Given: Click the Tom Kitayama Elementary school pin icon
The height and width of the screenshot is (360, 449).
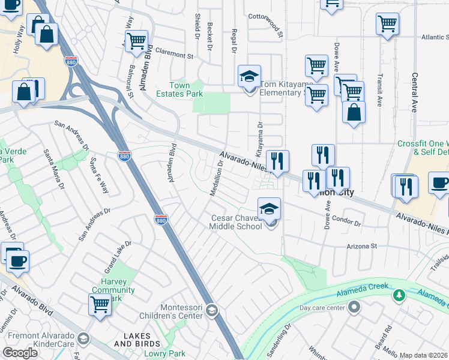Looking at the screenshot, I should pyautogui.click(x=249, y=77).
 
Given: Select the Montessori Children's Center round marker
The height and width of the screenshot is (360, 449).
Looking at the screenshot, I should pyautogui.click(x=211, y=310).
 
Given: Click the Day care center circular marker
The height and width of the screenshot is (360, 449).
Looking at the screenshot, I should pyautogui.click(x=354, y=308).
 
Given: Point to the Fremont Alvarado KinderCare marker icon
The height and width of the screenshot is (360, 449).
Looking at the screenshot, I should pyautogui.click(x=83, y=339).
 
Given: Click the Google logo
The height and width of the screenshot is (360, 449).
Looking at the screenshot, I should pyautogui.click(x=20, y=353).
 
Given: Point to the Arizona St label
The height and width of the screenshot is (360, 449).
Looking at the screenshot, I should pyautogui.click(x=360, y=246).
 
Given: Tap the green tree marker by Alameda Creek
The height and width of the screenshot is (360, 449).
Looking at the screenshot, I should pyautogui.click(x=399, y=295).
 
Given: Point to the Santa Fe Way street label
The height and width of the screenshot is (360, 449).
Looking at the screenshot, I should pyautogui.click(x=99, y=175).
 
